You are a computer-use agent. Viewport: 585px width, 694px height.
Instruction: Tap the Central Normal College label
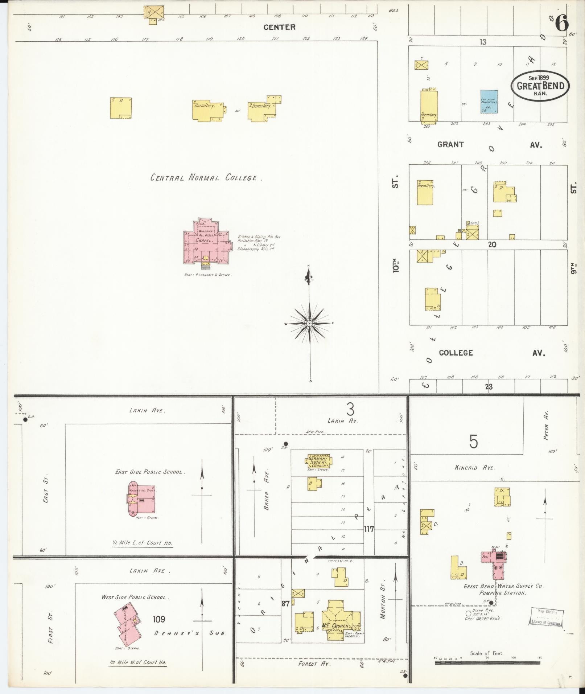(206, 178)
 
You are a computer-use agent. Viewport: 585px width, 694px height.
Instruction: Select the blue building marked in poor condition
(489, 102)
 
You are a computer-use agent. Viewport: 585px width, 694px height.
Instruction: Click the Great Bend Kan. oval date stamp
(540, 86)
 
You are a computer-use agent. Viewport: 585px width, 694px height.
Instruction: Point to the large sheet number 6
(561, 24)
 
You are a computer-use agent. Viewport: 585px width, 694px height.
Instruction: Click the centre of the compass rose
(310, 323)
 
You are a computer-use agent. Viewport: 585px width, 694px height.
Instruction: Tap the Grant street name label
(450, 145)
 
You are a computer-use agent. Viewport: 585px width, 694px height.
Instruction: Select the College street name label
(456, 353)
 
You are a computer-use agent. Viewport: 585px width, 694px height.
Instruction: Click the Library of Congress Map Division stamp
(545, 616)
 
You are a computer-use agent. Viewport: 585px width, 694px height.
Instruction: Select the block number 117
(369, 529)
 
